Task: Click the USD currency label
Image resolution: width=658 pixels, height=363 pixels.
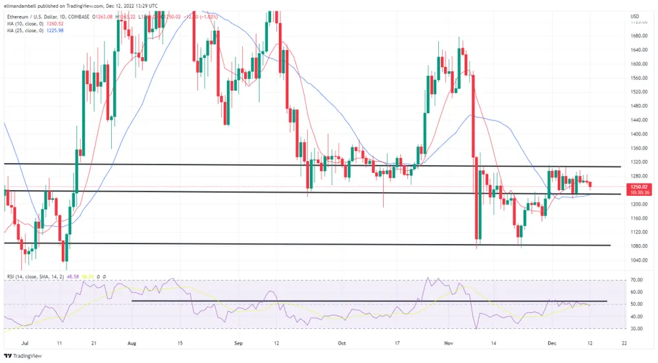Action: tap(635, 16)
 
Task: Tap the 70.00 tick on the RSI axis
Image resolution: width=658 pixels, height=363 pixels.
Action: tap(636, 279)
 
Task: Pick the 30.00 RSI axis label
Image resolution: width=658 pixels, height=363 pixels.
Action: tap(636, 328)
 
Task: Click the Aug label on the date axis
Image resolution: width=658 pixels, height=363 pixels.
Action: tap(132, 343)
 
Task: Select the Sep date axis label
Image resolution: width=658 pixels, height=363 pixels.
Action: tap(239, 343)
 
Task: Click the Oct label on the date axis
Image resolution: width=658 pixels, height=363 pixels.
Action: tap(342, 343)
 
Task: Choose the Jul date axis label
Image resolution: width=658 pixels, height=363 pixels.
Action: tap(26, 343)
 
